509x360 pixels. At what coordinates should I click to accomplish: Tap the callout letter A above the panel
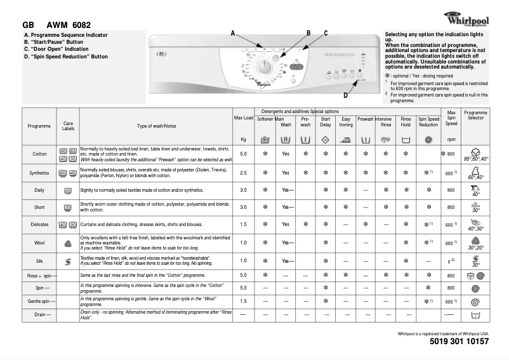(x=232, y=32)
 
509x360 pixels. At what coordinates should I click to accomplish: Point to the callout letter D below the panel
(x=345, y=95)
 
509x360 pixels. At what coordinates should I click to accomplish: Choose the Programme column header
(x=39, y=126)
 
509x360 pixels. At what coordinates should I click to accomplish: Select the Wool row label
(x=39, y=243)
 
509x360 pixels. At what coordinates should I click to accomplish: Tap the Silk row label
(x=39, y=260)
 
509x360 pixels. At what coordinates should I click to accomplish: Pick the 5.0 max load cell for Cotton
(x=243, y=154)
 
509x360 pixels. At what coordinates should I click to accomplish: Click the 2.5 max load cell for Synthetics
(x=243, y=172)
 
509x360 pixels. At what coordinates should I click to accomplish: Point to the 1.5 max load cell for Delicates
(x=243, y=224)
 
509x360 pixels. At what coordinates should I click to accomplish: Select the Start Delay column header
(x=326, y=121)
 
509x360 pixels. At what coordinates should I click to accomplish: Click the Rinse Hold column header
(x=406, y=121)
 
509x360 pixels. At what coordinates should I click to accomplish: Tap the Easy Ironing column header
(x=346, y=121)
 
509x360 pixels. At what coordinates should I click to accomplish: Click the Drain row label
(x=39, y=314)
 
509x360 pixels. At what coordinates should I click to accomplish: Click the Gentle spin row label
(x=39, y=301)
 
